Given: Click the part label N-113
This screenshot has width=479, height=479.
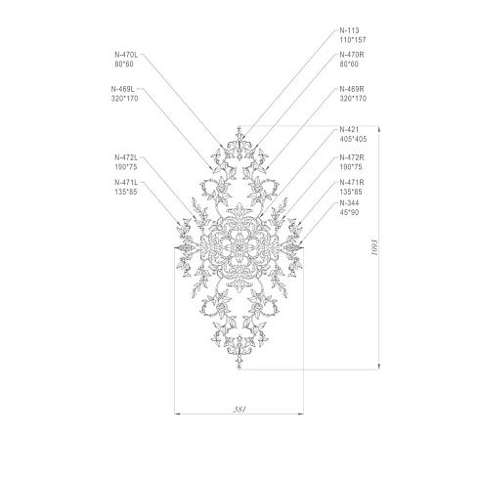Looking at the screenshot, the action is tap(349, 30).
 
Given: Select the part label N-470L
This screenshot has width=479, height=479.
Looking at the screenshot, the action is tap(126, 55).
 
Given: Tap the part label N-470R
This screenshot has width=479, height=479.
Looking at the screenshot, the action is tap(352, 55).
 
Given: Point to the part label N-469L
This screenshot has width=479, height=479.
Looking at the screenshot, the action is tap(122, 89).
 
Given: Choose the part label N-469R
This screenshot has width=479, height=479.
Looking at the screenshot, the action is tap(352, 89).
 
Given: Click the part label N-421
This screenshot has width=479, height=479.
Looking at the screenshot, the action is tap(349, 129).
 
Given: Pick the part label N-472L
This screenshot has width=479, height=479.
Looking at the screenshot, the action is tap(126, 157).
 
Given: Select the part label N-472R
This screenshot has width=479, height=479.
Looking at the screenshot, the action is tap(352, 157).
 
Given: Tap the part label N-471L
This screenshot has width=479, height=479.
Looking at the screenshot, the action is tap(126, 182).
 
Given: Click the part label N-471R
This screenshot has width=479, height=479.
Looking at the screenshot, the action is tap(352, 182).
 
